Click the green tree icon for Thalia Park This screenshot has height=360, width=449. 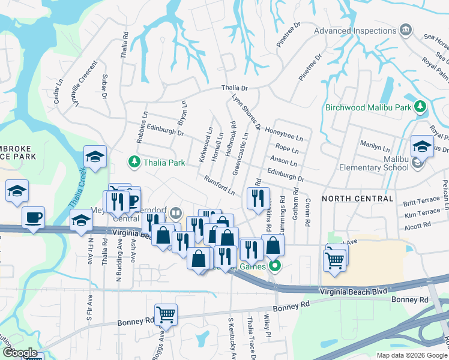coord(134,162)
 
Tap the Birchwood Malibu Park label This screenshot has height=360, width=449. coord(367,108)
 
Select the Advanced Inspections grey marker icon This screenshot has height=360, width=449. coord(406,30)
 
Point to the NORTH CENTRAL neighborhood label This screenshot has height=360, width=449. coord(358,199)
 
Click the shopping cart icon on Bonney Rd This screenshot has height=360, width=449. coord(165,313)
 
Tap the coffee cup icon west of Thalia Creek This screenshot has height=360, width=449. coord(33,217)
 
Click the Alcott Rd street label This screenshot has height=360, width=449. coord(418,225)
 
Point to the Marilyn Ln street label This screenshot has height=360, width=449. coord(375,145)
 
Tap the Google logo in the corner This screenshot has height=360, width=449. coord(19,353)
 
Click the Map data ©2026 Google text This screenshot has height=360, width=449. coord(412,355)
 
